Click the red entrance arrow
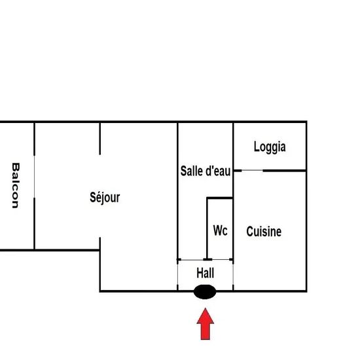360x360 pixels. [x=205, y=324]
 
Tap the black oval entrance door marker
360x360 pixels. [x=205, y=291]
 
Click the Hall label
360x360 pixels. [x=206, y=273]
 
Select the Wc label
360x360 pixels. [x=220, y=230]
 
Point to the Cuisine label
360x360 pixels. [x=264, y=232]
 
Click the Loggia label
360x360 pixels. [x=270, y=147]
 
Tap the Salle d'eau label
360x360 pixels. [x=206, y=171]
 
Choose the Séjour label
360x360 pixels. [x=105, y=198]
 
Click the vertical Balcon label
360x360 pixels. [x=16, y=185]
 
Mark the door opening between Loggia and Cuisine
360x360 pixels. [x=252, y=170]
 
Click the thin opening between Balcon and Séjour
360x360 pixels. [x=34, y=176]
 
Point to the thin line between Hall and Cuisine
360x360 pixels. [x=233, y=274]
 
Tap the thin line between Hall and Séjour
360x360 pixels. [x=177, y=274]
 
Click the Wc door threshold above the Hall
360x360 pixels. [x=221, y=260]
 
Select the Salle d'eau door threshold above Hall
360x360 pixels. [x=192, y=260]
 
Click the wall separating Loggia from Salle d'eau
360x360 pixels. [x=233, y=146]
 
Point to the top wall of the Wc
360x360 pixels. [x=220, y=198]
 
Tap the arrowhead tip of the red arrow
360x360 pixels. [x=206, y=308]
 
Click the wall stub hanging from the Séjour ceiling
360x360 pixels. [x=99, y=138]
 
